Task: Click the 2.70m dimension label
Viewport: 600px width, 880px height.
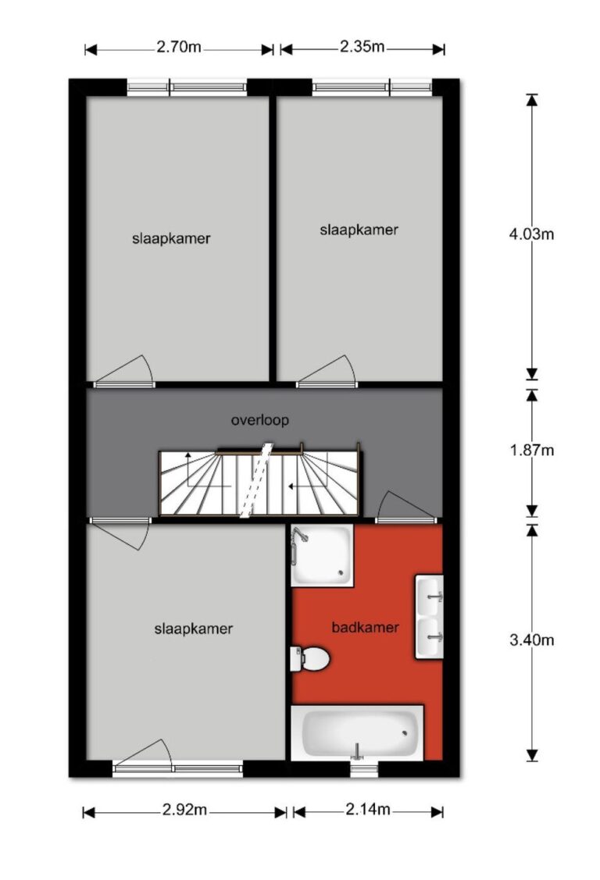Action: [178, 47]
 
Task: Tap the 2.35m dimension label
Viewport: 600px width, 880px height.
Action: [362, 47]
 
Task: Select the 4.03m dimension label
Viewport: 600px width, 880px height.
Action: [531, 234]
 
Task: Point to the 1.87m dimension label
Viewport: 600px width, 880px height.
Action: [531, 450]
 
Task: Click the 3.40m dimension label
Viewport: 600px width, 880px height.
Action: [531, 640]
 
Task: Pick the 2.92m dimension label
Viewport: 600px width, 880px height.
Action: [184, 810]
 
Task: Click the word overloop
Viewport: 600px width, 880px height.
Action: [260, 420]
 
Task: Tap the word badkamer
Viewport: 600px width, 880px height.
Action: [365, 628]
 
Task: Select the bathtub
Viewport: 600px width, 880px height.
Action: [358, 732]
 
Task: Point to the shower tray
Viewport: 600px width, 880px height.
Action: [322, 556]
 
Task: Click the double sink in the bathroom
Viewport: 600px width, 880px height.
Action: [430, 616]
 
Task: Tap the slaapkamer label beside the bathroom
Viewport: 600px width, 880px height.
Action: [194, 629]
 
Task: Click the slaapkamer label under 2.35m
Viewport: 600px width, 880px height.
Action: [359, 230]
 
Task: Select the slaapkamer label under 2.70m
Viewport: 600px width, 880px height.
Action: [171, 239]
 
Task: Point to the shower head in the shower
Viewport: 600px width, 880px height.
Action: [300, 536]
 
